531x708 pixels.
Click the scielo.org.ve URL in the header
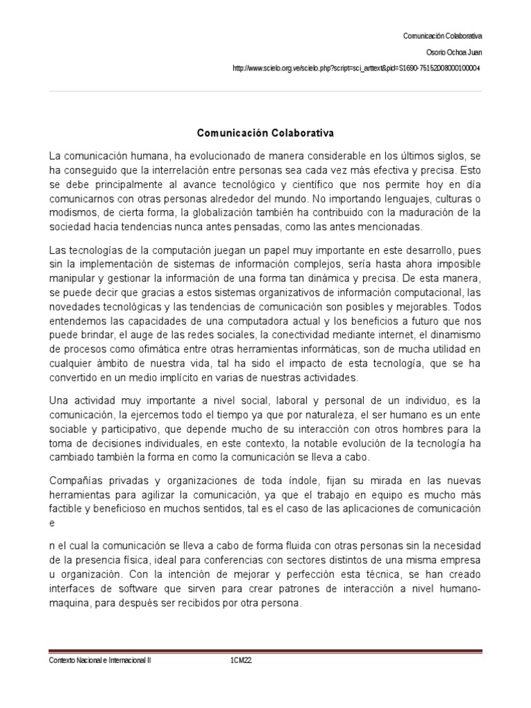pyautogui.click(x=357, y=68)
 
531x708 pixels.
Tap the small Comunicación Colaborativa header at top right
pyautogui.click(x=442, y=35)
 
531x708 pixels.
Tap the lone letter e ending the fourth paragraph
pyautogui.click(x=52, y=523)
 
